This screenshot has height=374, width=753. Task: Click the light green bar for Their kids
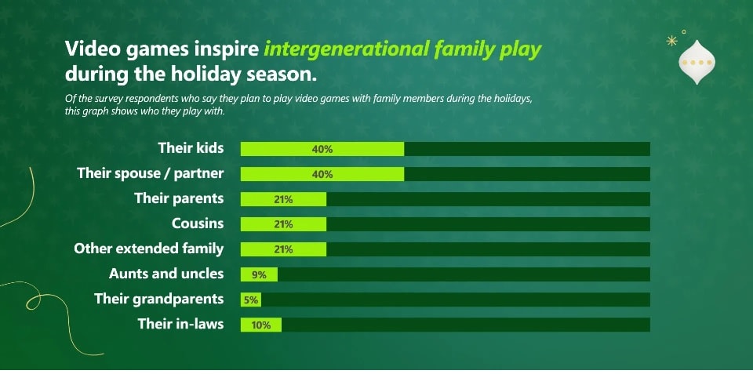click(322, 149)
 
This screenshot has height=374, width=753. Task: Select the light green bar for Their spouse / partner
click(322, 174)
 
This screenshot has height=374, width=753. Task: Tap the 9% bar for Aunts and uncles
click(259, 274)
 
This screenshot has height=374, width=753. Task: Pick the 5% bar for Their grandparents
click(251, 300)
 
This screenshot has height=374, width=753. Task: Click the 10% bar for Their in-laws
click(260, 325)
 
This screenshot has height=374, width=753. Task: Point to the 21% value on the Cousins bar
click(283, 225)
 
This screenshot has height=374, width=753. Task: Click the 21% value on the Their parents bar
click(283, 200)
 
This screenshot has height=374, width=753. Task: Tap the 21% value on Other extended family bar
click(283, 249)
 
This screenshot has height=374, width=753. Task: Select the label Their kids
click(191, 148)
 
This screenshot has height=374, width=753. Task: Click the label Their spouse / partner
click(151, 173)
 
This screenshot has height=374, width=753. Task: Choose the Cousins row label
click(198, 223)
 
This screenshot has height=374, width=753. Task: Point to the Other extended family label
click(149, 249)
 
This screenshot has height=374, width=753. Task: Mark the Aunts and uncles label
click(166, 274)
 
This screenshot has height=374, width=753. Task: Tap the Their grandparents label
click(159, 299)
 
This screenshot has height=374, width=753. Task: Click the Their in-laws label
click(181, 324)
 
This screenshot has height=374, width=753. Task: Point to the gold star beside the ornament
click(672, 42)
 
